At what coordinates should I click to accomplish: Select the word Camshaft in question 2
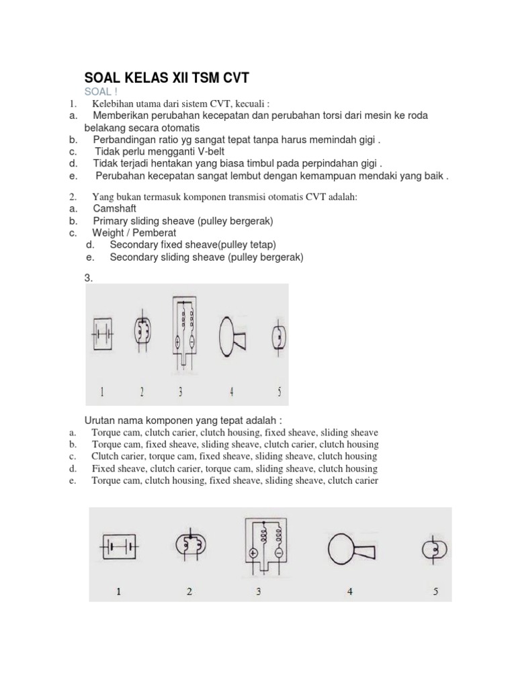(115, 209)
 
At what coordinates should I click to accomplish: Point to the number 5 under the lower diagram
(435, 592)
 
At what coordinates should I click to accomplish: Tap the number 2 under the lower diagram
(190, 592)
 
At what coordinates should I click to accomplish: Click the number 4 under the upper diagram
(231, 390)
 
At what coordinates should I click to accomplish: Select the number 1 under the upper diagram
(101, 390)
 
